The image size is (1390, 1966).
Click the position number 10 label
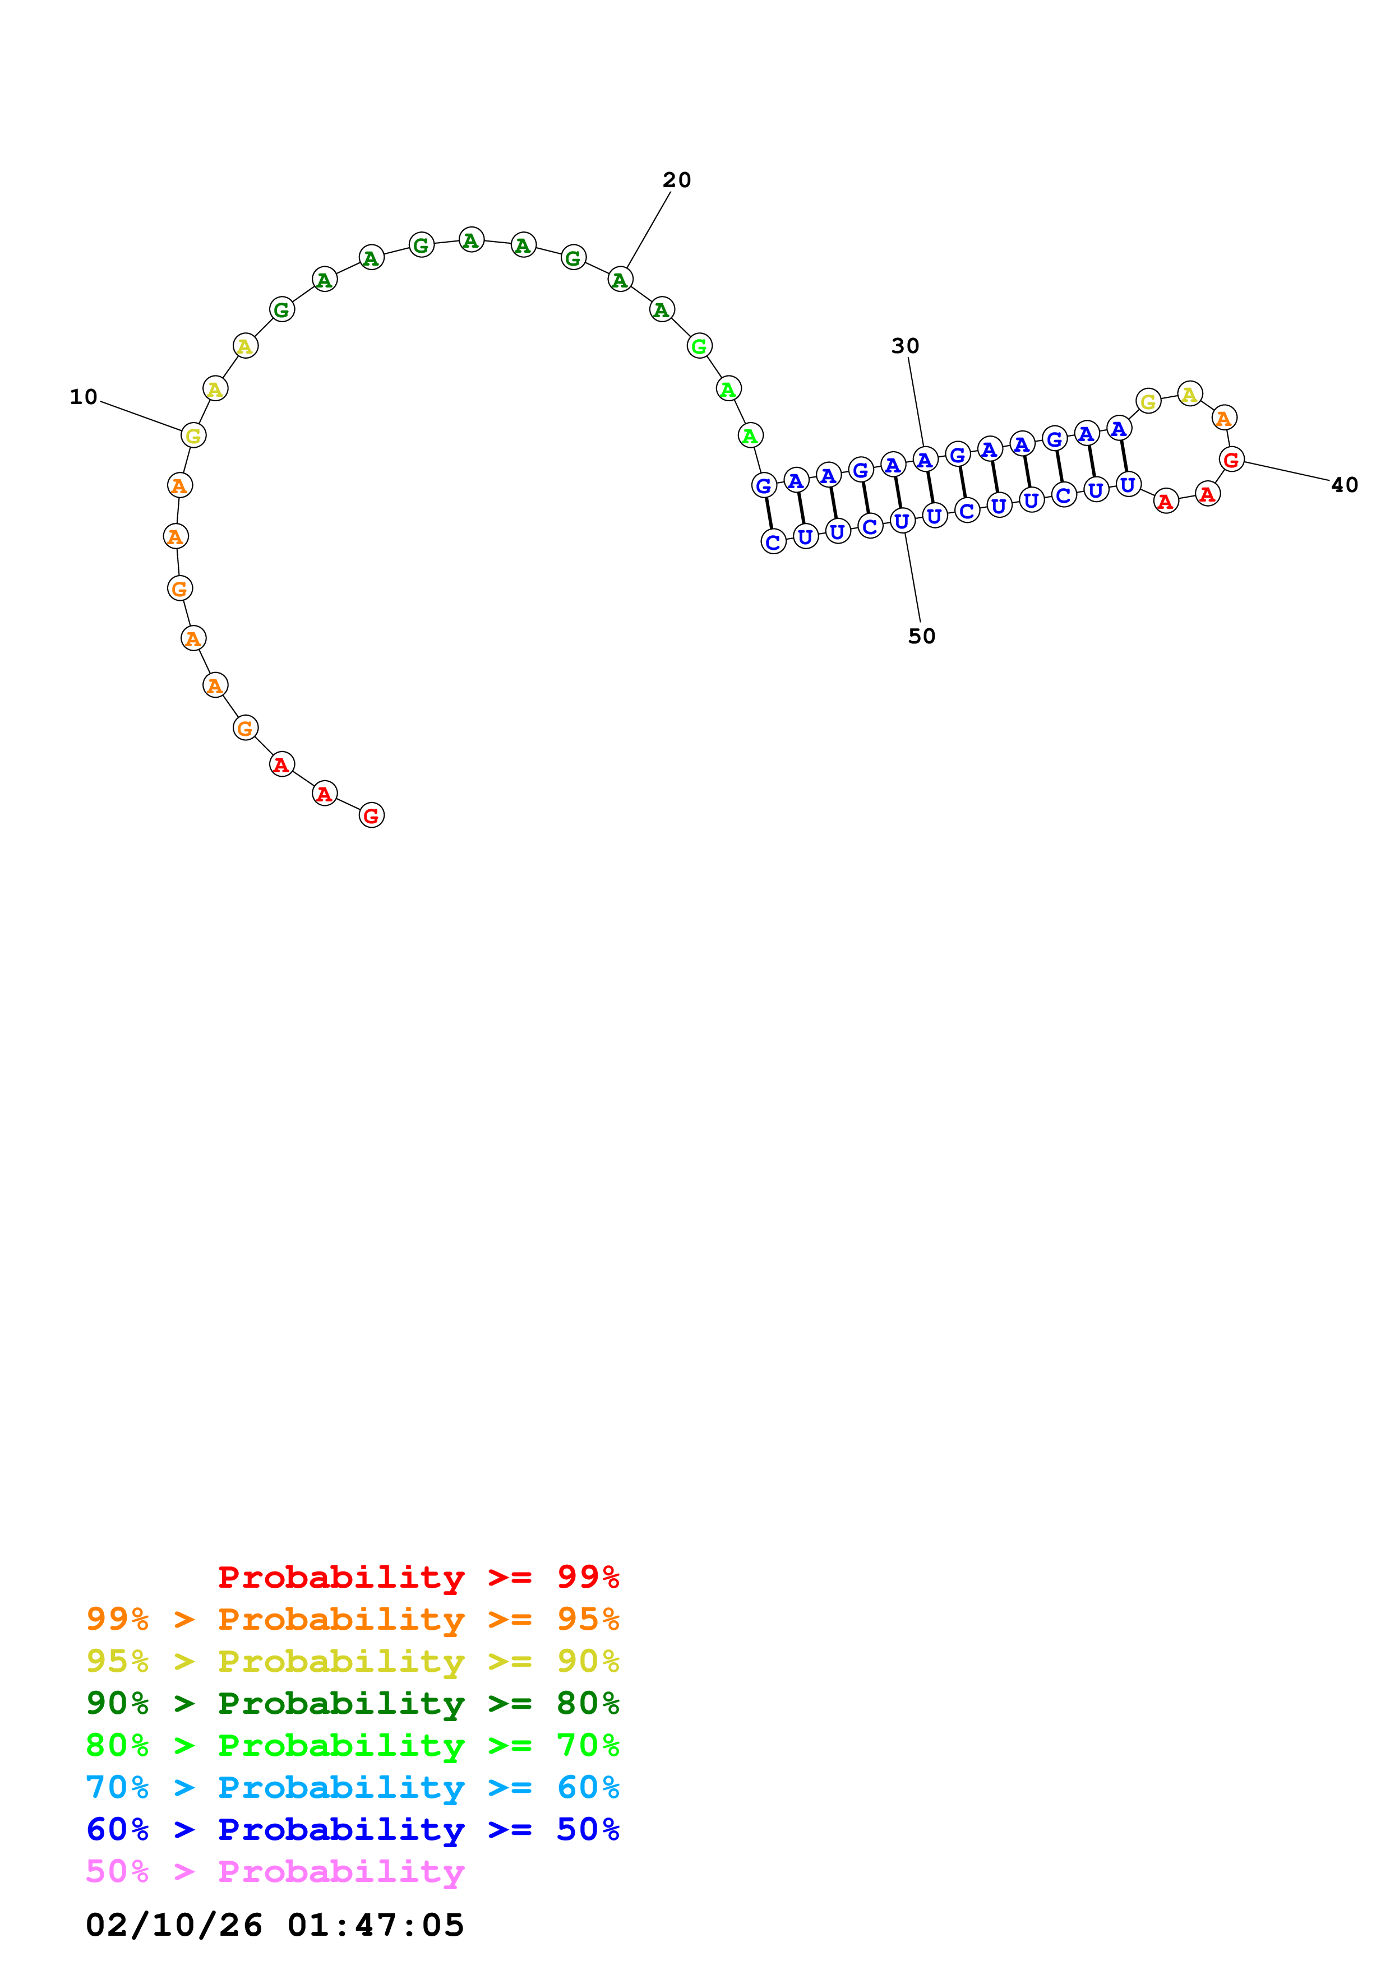(83, 396)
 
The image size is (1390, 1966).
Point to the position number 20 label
(677, 180)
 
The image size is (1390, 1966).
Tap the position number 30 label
(904, 346)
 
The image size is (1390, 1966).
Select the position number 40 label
(1344, 485)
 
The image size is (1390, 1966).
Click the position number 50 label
(922, 636)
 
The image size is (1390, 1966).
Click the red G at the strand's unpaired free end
(371, 815)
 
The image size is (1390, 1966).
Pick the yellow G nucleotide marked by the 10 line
(193, 436)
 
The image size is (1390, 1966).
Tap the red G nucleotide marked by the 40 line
(1231, 460)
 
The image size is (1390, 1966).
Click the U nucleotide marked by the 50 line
(902, 521)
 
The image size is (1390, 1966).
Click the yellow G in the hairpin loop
(1148, 401)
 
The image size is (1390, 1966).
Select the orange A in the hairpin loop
(1224, 418)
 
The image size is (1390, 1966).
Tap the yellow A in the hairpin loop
(1189, 394)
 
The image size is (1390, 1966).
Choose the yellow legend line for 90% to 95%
(352, 1661)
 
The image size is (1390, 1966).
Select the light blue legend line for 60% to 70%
(352, 1787)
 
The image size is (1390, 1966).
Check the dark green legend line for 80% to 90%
(352, 1703)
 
